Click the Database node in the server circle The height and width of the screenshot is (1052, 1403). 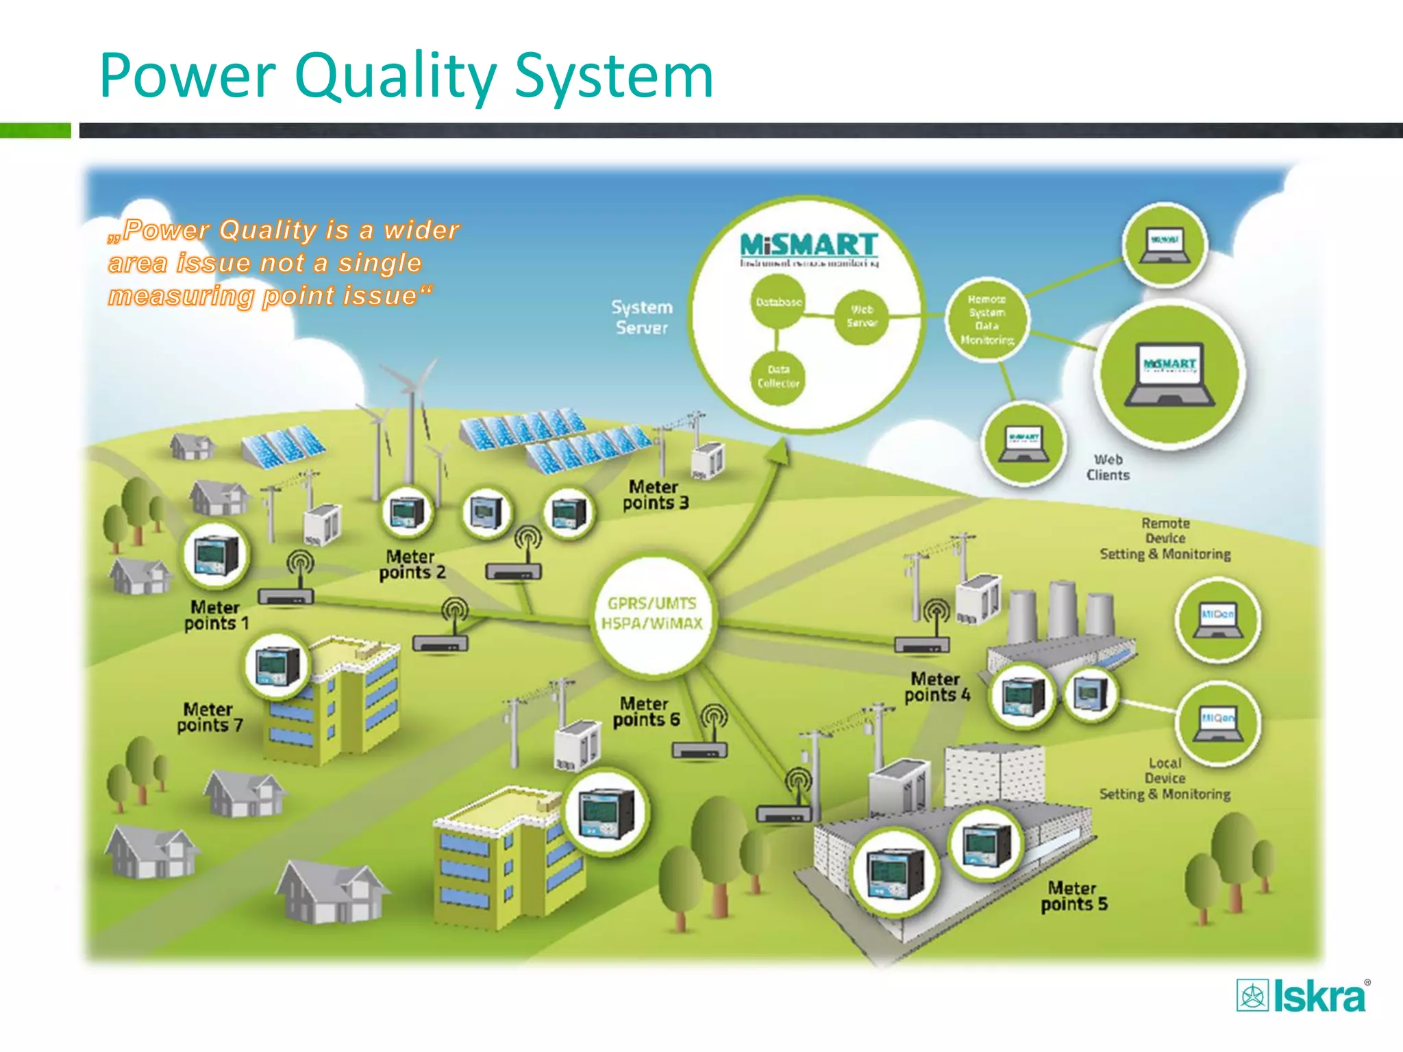pyautogui.click(x=778, y=302)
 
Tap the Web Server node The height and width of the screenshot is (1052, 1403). pyautogui.click(x=861, y=316)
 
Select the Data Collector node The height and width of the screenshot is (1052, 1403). pyautogui.click(x=778, y=377)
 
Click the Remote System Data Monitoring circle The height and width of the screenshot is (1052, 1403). pyautogui.click(x=986, y=319)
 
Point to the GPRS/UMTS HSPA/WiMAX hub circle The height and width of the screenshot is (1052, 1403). pyautogui.click(x=651, y=614)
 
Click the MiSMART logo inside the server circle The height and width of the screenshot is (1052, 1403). pyautogui.click(x=808, y=246)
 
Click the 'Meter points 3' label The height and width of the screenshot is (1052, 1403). pyautogui.click(x=655, y=495)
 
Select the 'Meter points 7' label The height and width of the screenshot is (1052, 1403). pyautogui.click(x=209, y=717)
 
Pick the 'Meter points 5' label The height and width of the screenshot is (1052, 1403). pyautogui.click(x=1073, y=897)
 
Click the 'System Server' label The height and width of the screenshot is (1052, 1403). pyautogui.click(x=642, y=317)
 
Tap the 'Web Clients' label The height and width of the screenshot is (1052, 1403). pyautogui.click(x=1108, y=467)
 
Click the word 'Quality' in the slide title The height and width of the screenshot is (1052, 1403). pyautogui.click(x=395, y=77)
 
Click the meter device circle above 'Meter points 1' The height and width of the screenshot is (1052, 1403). pyautogui.click(x=216, y=555)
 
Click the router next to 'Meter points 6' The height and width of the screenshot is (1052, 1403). pyautogui.click(x=699, y=750)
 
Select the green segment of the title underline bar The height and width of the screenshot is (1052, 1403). pyautogui.click(x=35, y=130)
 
